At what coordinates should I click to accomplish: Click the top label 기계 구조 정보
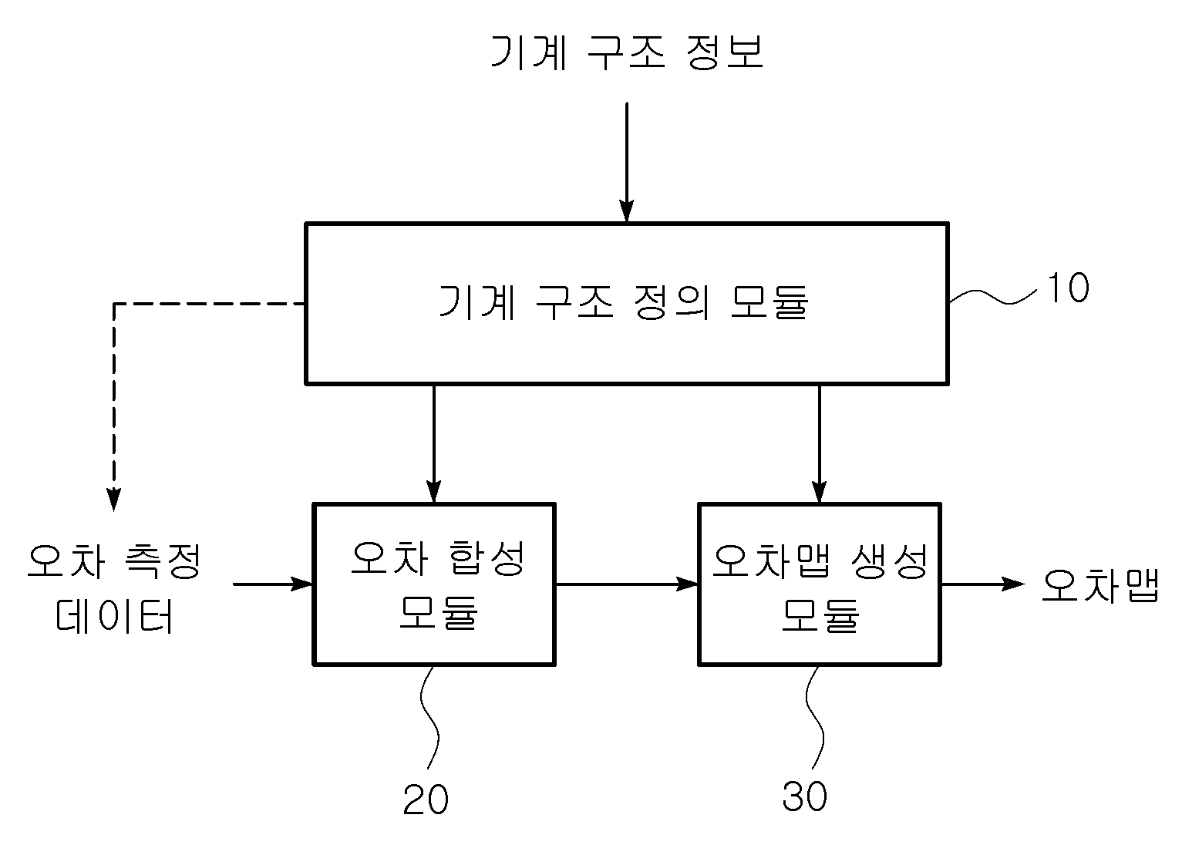pos(627,52)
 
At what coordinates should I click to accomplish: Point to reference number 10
pos(1068,288)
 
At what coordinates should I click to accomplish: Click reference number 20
pos(426,799)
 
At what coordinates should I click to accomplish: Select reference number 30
pos(804,796)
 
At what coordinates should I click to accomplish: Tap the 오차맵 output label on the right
pos(1100,585)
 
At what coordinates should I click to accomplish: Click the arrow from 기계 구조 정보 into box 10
pos(627,162)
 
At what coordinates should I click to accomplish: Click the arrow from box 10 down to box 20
pos(434,444)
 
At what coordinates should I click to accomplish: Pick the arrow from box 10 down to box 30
pos(819,444)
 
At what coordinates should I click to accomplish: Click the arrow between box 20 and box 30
pos(627,584)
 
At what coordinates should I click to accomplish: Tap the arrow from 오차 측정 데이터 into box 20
pos(273,584)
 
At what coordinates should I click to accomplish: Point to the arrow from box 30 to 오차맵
pos(983,584)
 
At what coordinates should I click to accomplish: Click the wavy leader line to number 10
pos(993,297)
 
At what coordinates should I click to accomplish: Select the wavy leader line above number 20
pos(429,718)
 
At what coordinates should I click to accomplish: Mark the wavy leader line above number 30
pos(815,718)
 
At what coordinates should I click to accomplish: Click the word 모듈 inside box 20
pos(439,612)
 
